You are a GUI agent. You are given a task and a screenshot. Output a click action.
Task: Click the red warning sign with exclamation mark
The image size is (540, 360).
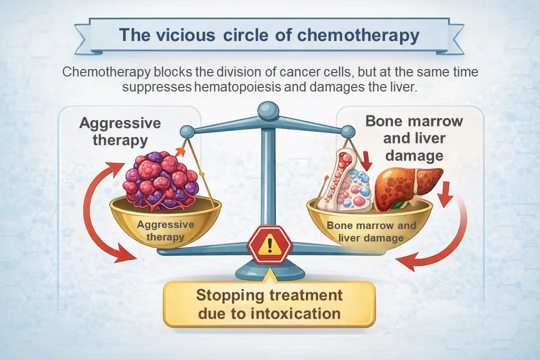pyautogui.click(x=270, y=244)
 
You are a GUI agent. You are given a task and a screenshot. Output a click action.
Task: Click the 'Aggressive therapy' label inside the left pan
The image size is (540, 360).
pyautogui.click(x=165, y=230)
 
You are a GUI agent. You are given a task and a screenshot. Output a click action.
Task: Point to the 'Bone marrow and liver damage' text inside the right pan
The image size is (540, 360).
pyautogui.click(x=370, y=231)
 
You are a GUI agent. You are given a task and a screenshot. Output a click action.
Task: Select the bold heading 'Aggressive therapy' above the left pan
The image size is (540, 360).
pyautogui.click(x=120, y=131)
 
